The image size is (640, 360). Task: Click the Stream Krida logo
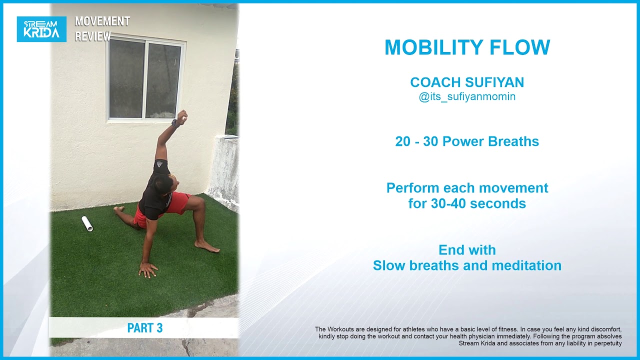41,29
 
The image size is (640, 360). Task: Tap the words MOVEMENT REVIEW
102,29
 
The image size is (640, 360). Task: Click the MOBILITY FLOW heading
467,47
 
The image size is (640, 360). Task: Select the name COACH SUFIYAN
467,82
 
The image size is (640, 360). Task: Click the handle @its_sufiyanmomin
467,97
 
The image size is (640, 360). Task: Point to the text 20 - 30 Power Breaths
467,141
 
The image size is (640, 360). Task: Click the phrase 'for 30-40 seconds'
467,204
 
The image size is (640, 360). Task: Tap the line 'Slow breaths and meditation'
467,265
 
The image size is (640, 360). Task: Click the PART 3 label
144,328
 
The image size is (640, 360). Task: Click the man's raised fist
182,117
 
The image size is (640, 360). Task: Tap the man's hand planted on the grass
147,269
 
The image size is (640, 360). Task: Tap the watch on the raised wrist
175,123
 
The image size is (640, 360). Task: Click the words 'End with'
467,250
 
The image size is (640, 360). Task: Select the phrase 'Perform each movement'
467,188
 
